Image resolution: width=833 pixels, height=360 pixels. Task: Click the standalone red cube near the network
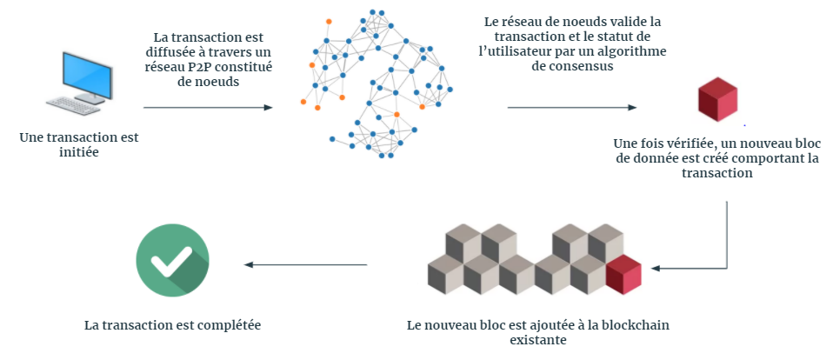[x=717, y=99]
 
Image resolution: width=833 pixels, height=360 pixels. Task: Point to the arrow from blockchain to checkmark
[x=305, y=266]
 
